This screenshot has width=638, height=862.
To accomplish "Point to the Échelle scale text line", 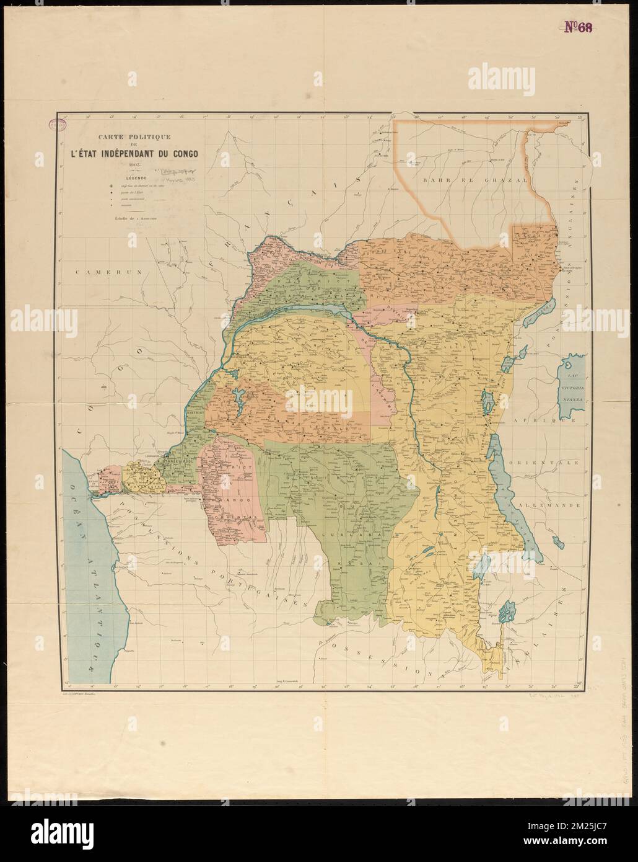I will click(x=133, y=217).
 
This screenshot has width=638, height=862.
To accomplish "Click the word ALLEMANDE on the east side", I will click(x=553, y=506).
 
